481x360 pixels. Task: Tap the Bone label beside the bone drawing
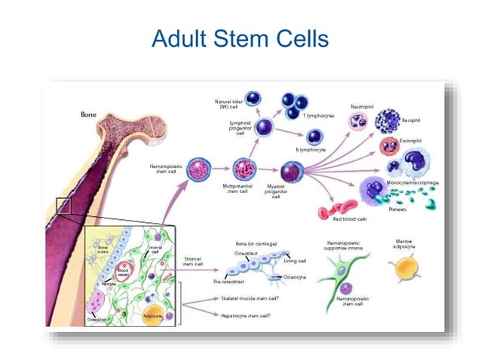click(88, 114)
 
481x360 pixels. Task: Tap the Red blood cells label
click(350, 219)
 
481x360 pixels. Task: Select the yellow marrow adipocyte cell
click(403, 268)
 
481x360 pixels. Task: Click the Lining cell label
click(294, 261)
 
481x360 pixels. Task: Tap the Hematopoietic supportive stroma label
click(345, 246)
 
